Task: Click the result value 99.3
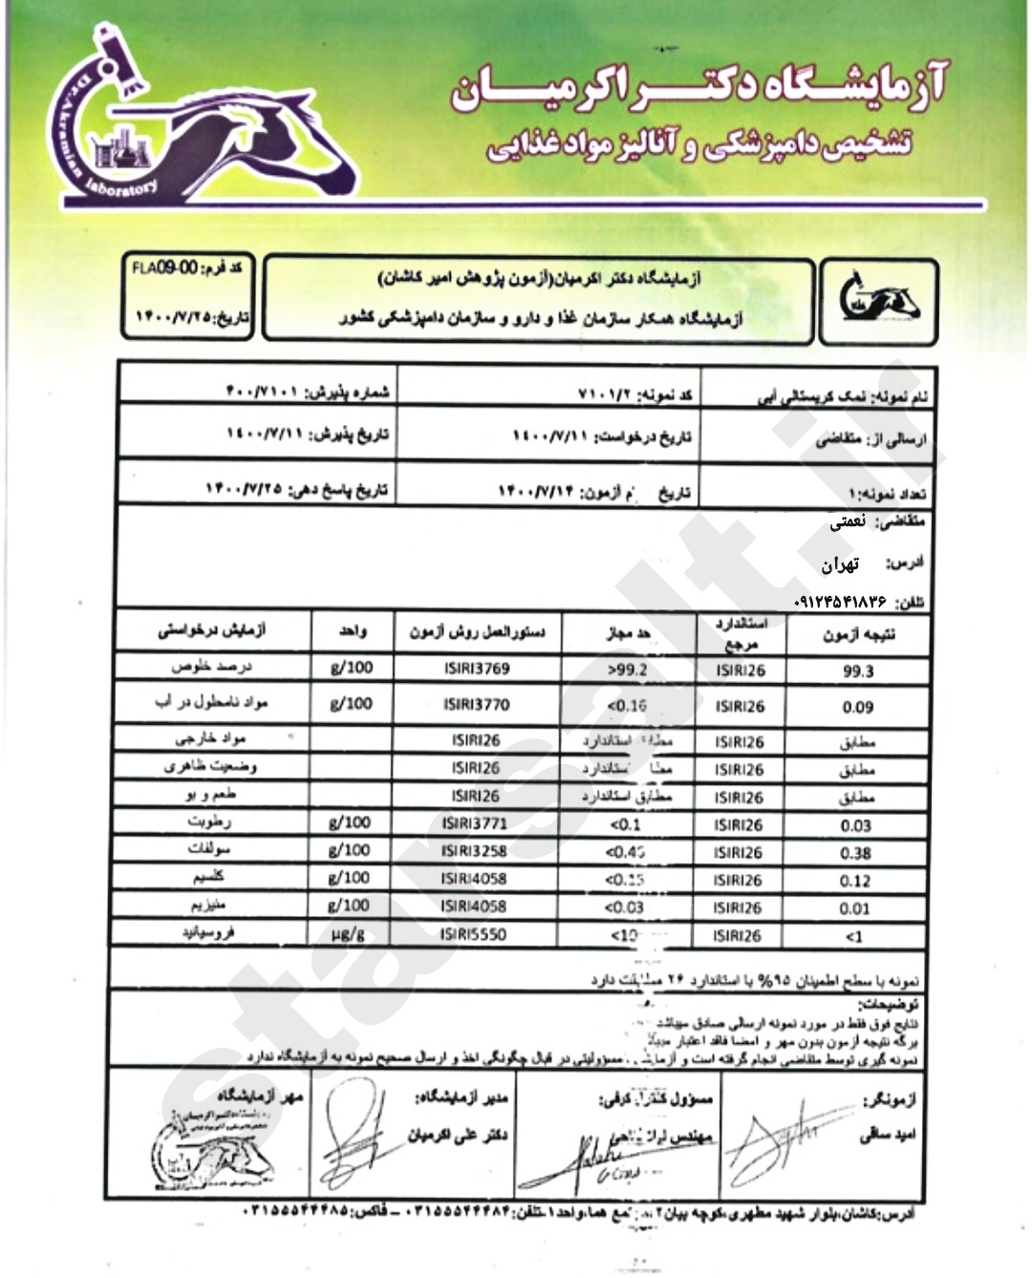click(857, 671)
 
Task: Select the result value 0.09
click(857, 708)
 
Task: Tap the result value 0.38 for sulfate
click(855, 854)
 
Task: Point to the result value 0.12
click(855, 881)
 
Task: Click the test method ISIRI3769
click(476, 669)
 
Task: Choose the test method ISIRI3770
click(476, 705)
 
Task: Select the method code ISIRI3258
click(474, 851)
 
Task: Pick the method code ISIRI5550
click(474, 933)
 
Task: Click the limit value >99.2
click(627, 670)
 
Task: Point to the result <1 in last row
click(854, 937)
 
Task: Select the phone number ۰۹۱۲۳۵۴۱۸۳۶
click(842, 603)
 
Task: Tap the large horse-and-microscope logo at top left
click(191, 124)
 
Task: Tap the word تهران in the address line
click(841, 564)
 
